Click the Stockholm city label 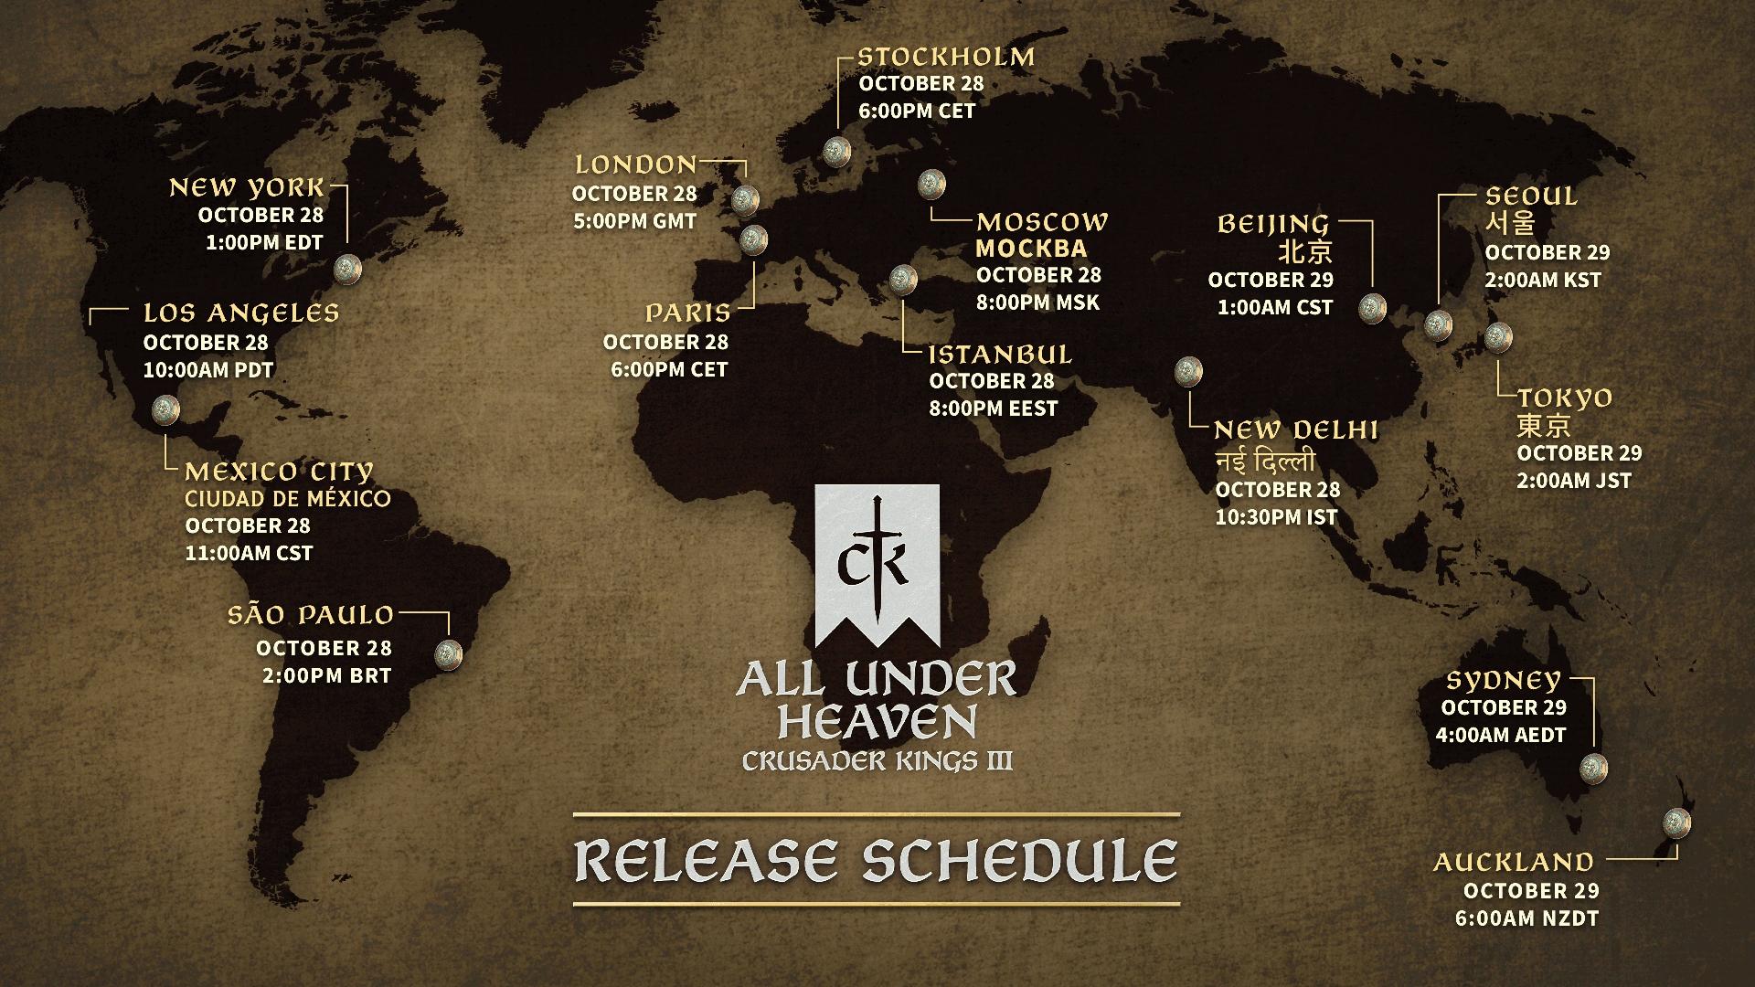pos(946,57)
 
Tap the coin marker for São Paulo pos(449,654)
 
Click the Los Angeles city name pos(241,313)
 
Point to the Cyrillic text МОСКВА pos(1031,249)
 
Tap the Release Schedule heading pos(876,860)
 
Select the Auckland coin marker pos(1676,820)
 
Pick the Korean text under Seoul pos(1509,223)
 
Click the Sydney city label pos(1503,681)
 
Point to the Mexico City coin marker pos(165,409)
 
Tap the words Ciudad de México pos(288,499)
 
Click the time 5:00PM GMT pos(634,221)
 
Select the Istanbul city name pos(1000,355)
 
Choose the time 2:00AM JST pos(1574,481)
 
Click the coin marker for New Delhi pos(1187,371)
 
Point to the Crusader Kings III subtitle pos(877,760)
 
